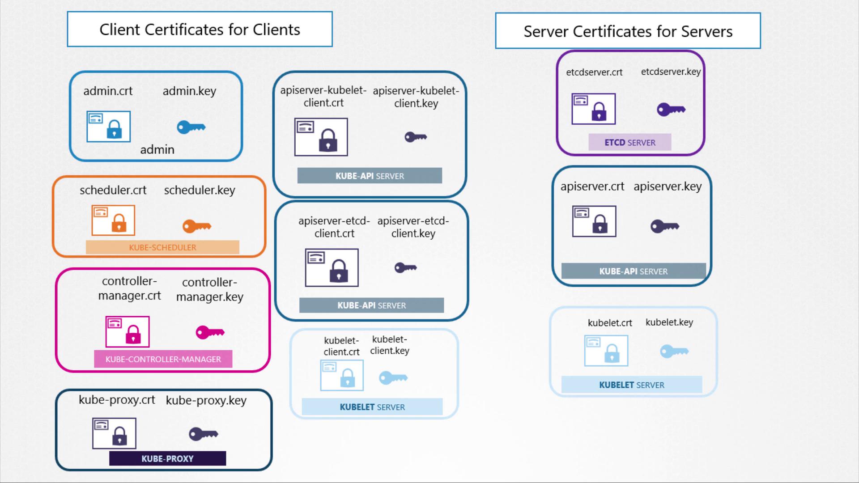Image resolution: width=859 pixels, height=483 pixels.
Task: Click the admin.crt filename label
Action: (108, 91)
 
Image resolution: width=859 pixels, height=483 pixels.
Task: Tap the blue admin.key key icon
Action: (191, 127)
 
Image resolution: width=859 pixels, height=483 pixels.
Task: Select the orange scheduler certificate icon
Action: (113, 220)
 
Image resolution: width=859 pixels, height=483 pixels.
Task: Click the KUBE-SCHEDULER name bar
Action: (162, 247)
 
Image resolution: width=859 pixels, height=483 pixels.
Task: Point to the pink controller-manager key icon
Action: (210, 332)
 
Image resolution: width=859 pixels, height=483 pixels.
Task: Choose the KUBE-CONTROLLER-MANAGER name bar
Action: (163, 359)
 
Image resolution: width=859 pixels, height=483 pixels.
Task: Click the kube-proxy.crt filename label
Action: (117, 400)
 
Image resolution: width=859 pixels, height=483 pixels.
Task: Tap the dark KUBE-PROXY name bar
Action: (167, 458)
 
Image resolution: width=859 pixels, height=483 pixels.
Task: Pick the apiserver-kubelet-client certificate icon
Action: (321, 137)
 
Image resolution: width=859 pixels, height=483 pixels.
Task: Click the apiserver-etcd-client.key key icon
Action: (405, 268)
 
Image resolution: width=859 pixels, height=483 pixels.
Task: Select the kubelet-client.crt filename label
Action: (341, 346)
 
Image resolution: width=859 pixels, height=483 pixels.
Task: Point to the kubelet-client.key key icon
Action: (393, 378)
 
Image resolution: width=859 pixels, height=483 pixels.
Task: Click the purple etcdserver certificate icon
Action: (593, 109)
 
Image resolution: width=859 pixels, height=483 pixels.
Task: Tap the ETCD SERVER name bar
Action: (629, 143)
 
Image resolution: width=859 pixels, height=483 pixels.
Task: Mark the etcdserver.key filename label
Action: (671, 72)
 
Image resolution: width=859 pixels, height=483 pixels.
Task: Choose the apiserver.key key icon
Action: (664, 226)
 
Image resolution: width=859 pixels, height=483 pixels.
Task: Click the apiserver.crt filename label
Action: (592, 186)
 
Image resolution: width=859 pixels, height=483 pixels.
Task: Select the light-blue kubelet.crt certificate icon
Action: (606, 351)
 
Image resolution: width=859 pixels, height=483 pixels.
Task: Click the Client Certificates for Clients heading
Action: (200, 30)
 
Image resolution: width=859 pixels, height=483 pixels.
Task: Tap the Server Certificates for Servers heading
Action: (628, 31)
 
